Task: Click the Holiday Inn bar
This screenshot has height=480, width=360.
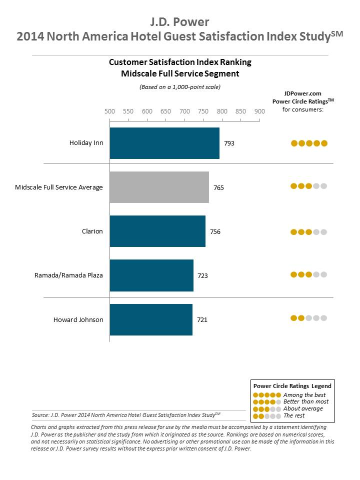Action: [x=164, y=143]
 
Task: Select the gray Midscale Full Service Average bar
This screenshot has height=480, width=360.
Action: [x=159, y=187]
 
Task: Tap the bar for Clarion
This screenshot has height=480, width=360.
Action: [x=157, y=231]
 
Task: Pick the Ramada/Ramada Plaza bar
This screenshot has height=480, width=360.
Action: [x=151, y=275]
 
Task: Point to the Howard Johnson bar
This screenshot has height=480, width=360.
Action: [x=151, y=319]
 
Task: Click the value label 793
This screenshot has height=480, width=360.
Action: [x=229, y=143]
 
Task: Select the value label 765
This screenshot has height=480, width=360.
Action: [x=218, y=188]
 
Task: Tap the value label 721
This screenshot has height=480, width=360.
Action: [x=202, y=320]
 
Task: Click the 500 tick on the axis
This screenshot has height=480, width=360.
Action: [x=109, y=111]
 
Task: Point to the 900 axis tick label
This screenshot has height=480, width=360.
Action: [x=259, y=111]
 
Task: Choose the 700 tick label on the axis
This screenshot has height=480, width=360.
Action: [x=184, y=111]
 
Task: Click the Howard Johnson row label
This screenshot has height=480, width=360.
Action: [x=78, y=319]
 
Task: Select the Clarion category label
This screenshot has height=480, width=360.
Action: [x=92, y=231]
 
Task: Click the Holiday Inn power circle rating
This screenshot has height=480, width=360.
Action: [x=309, y=143]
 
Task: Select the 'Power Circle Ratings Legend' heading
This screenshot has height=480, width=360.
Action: [x=292, y=386]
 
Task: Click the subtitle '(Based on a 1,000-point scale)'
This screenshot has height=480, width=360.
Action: [x=180, y=86]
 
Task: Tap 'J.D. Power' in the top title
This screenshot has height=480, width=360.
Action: [x=179, y=22]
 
